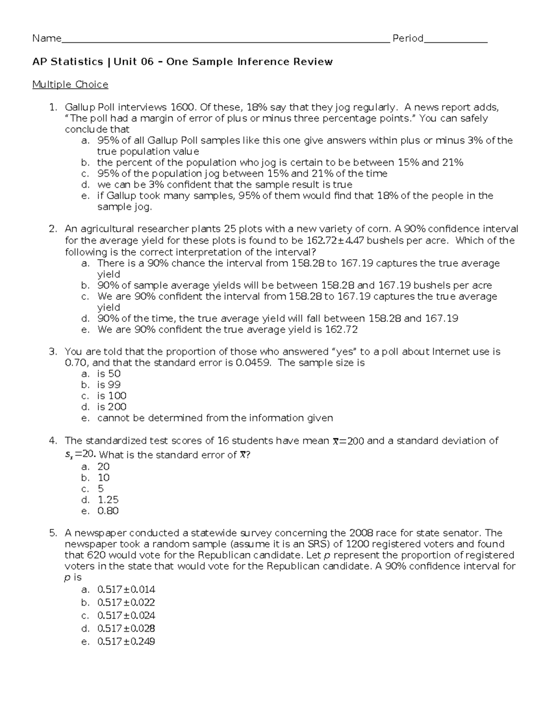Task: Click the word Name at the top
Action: pyautogui.click(x=46, y=39)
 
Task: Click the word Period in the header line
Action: pyautogui.click(x=408, y=39)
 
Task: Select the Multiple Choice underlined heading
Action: pyautogui.click(x=70, y=85)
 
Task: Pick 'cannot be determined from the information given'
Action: pyautogui.click(x=215, y=418)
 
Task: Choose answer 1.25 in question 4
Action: pyautogui.click(x=108, y=500)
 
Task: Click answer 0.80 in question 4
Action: pyautogui.click(x=108, y=511)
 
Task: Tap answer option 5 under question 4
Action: pyautogui.click(x=101, y=488)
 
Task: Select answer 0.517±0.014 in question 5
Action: pyautogui.click(x=126, y=589)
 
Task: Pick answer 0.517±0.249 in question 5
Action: pyautogui.click(x=126, y=641)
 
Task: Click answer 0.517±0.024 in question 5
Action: pyautogui.click(x=126, y=615)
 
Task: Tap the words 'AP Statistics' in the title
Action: pyautogui.click(x=68, y=62)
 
